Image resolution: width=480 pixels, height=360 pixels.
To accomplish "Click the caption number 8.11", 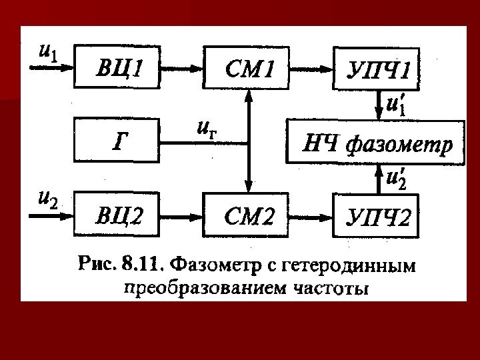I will [141, 265].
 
